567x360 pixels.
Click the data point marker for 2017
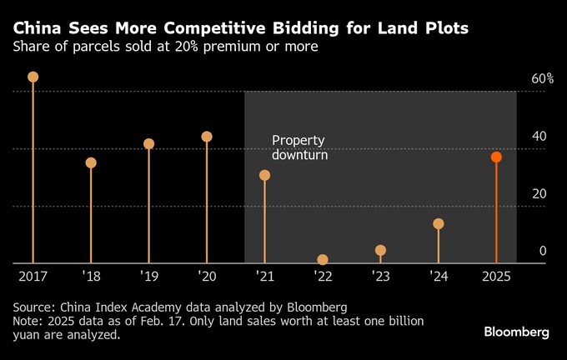click(x=33, y=77)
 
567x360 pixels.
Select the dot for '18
click(x=91, y=162)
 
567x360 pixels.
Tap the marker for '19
click(x=149, y=143)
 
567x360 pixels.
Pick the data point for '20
click(x=207, y=137)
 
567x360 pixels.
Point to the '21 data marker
click(x=265, y=175)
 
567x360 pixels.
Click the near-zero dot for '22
click(x=323, y=260)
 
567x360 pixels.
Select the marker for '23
click(x=380, y=250)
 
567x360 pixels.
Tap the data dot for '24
click(x=439, y=223)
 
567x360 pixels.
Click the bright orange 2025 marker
click(x=496, y=157)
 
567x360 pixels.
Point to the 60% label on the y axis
click(x=543, y=79)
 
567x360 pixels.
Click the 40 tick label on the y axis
click(x=539, y=137)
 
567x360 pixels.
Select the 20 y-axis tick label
click(x=539, y=193)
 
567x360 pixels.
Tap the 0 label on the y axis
click(x=543, y=251)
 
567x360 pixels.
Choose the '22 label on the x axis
click(x=323, y=275)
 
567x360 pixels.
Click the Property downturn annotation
click(x=299, y=147)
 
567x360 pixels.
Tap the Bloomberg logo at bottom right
click(x=516, y=332)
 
